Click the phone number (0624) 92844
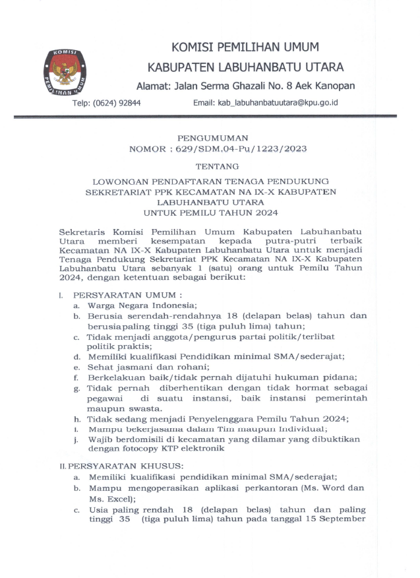pyautogui.click(x=111, y=103)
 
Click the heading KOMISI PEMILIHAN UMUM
pyautogui.click(x=245, y=48)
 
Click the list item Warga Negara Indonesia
pyautogui.click(x=137, y=306)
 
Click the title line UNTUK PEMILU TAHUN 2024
pyautogui.click(x=211, y=213)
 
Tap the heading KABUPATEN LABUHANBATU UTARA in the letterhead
pyautogui.click(x=245, y=68)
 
